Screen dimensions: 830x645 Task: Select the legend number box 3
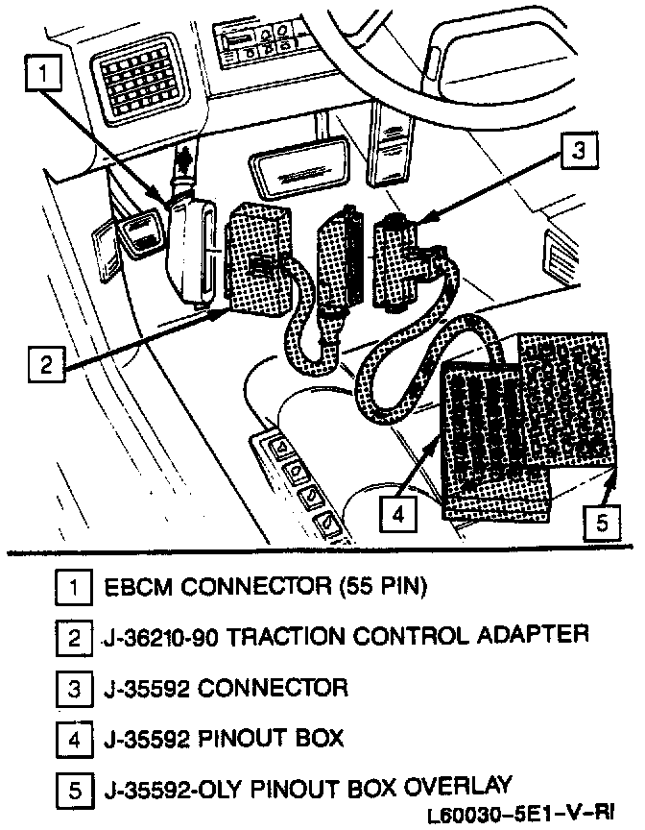coord(72,689)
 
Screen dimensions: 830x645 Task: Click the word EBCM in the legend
coord(133,585)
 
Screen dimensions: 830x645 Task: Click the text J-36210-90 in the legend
coord(165,636)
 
